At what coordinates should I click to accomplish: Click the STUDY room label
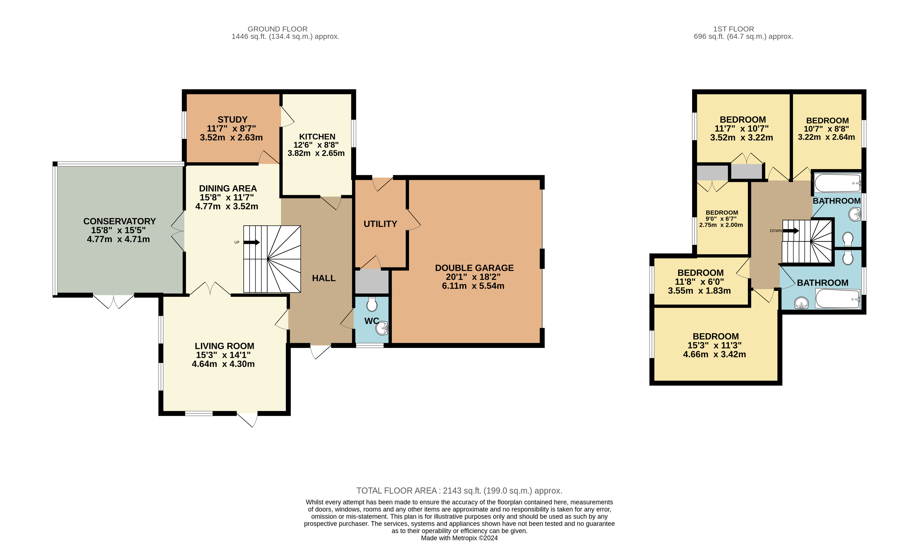pyautogui.click(x=232, y=120)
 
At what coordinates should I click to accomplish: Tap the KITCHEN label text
pyautogui.click(x=317, y=137)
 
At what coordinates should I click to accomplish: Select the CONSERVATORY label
pyautogui.click(x=120, y=221)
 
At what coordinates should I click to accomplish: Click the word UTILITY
pyautogui.click(x=380, y=224)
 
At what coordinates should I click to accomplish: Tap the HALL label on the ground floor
pyautogui.click(x=324, y=278)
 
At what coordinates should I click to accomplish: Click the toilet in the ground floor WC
pyautogui.click(x=372, y=304)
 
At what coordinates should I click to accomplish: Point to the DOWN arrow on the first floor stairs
pyautogui.click(x=791, y=231)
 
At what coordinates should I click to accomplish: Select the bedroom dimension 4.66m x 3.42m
pyautogui.click(x=715, y=354)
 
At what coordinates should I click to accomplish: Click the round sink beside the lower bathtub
pyautogui.click(x=802, y=303)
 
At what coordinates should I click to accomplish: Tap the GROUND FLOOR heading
pyautogui.click(x=278, y=29)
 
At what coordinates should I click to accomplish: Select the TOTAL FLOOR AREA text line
pyautogui.click(x=459, y=491)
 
